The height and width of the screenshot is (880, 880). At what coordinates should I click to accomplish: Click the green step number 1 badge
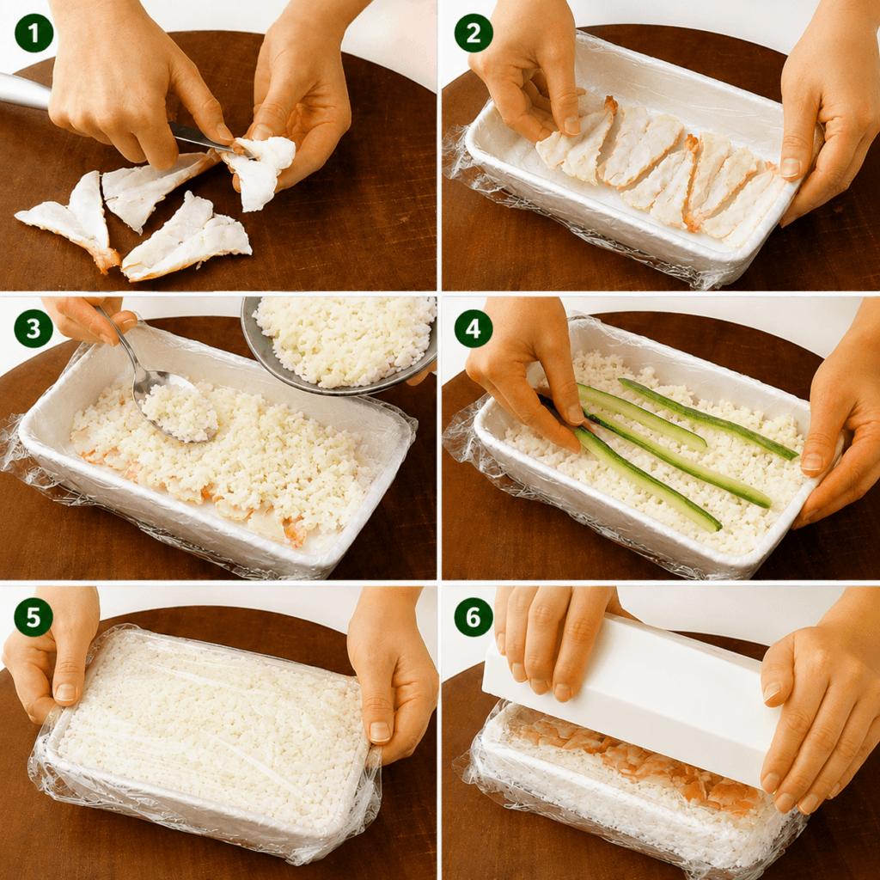(x=34, y=34)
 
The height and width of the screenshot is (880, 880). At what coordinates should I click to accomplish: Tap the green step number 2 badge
(x=474, y=34)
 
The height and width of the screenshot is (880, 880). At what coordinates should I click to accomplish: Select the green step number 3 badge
(x=34, y=328)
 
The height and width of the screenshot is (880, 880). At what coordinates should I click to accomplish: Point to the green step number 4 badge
(x=474, y=328)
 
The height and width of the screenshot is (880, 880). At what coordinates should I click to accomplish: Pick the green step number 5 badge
(x=34, y=617)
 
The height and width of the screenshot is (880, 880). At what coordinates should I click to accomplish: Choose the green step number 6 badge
(x=474, y=617)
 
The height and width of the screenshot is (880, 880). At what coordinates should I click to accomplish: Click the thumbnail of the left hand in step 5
(x=65, y=693)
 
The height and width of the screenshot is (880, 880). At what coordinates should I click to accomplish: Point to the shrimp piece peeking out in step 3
(x=295, y=531)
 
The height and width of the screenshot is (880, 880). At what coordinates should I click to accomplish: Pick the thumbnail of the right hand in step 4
(x=811, y=461)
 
